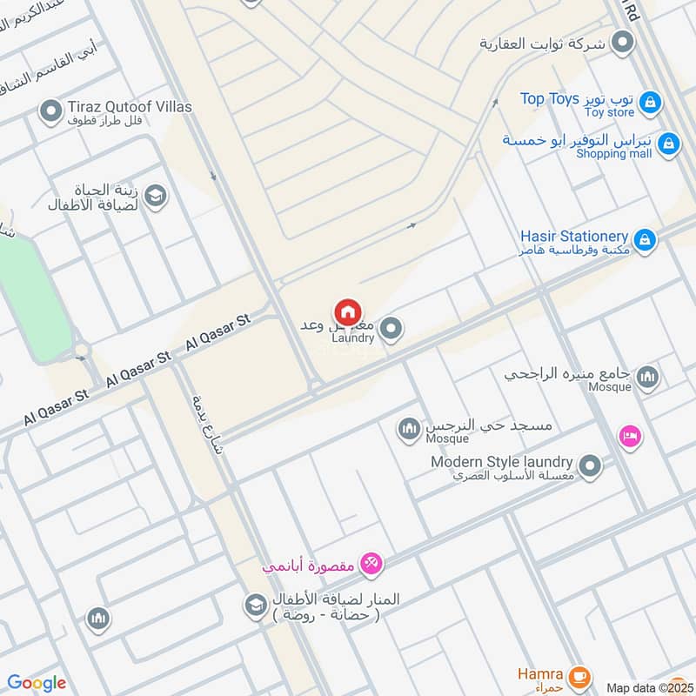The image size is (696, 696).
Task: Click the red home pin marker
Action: (348, 312)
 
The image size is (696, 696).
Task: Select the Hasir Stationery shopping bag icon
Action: (644, 239)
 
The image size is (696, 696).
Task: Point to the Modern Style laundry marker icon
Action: (590, 467)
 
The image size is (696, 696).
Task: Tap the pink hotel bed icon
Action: (630, 437)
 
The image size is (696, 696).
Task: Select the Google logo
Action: (37, 683)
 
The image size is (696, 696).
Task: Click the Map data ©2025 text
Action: (645, 687)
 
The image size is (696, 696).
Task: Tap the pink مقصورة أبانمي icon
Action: (371, 565)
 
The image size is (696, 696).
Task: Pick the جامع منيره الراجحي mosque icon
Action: (646, 378)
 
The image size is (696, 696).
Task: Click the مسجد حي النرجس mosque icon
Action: (409, 428)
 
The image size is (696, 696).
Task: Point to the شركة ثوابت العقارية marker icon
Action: (622, 42)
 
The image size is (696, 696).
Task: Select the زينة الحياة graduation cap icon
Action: (157, 195)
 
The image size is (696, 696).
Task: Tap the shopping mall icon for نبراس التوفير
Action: (667, 144)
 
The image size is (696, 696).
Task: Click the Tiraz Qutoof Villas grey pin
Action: (51, 110)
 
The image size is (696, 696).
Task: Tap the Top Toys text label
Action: (550, 99)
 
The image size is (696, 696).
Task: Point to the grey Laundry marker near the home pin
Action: (391, 329)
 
